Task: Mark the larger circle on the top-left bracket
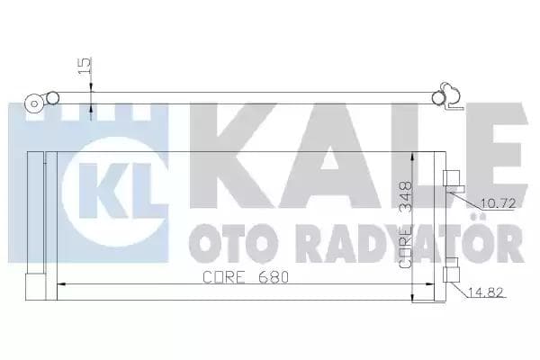[x=34, y=102]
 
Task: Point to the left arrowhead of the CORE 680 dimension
[x=61, y=285]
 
